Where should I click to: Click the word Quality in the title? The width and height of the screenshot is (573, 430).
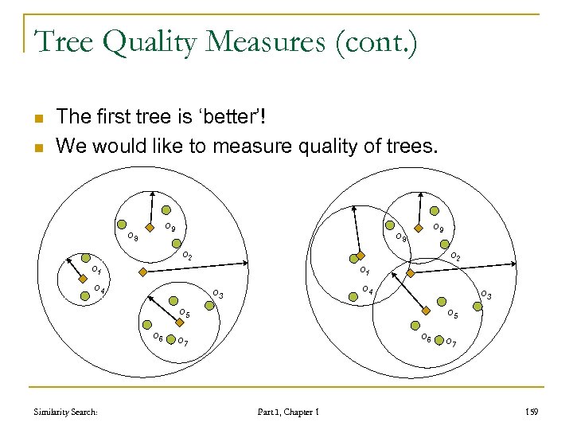click(155, 41)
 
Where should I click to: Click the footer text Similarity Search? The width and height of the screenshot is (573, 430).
click(67, 412)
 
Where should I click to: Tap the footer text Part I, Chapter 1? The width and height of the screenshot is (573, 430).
click(288, 412)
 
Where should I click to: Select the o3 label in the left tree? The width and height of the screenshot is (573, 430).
click(216, 296)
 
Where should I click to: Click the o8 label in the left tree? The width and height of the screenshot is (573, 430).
click(132, 237)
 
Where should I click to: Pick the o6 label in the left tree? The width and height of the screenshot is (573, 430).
click(158, 338)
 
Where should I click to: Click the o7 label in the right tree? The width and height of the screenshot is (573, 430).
click(451, 342)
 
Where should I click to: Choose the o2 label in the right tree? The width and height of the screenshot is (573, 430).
click(456, 256)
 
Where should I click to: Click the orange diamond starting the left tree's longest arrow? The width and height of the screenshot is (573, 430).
click(142, 272)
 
